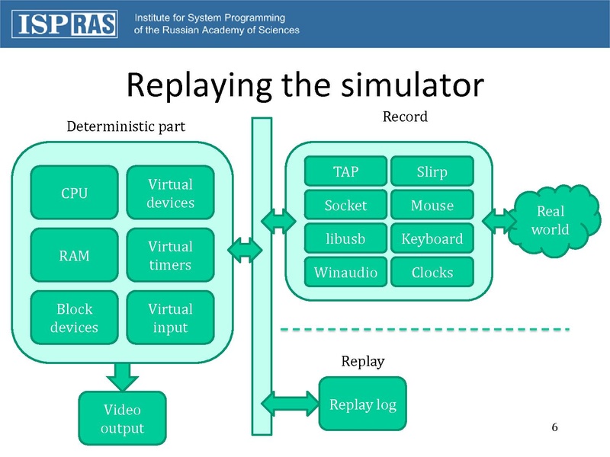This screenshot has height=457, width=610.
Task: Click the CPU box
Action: coord(74,193)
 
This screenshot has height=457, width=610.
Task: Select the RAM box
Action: coord(74,255)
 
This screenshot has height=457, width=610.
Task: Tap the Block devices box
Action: coord(74,318)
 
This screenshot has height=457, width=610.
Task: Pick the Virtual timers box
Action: coord(170,255)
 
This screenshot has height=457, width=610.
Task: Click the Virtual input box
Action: coord(170,318)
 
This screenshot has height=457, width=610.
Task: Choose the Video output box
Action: coord(122,418)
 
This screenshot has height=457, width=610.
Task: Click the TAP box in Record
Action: coord(345,171)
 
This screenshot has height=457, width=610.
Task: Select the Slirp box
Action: coord(432,171)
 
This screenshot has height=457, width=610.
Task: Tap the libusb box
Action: coord(345,238)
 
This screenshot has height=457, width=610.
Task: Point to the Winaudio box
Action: coord(345,272)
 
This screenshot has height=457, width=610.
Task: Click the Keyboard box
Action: coord(432,238)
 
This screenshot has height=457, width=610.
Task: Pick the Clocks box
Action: coord(432,272)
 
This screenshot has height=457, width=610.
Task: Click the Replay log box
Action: coord(362,404)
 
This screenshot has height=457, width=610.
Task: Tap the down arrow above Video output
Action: coord(122,374)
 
